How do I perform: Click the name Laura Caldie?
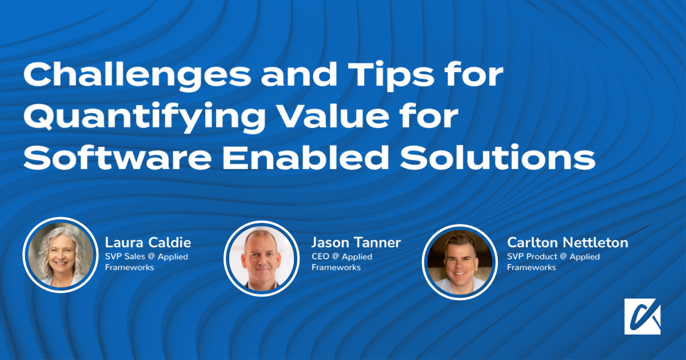click(x=148, y=242)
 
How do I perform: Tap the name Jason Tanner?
click(x=356, y=242)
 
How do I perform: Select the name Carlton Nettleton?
click(x=567, y=242)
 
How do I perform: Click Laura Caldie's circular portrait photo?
click(x=60, y=255)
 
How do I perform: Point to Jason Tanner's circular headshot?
click(x=262, y=258)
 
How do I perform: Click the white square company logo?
click(x=643, y=316)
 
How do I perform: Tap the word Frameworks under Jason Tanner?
click(x=336, y=267)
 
